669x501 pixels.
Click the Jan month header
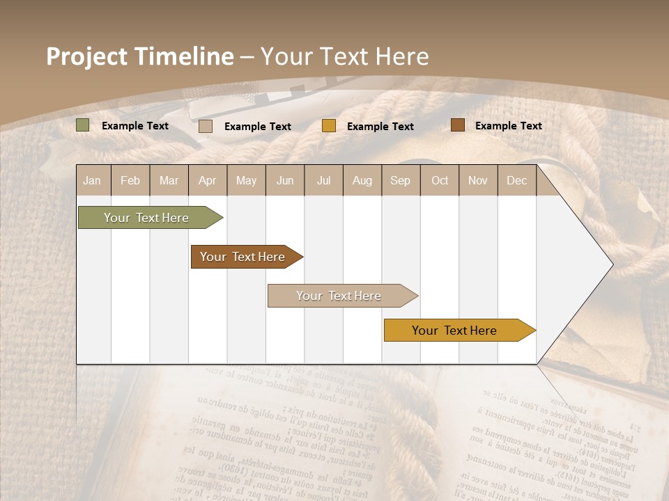click(93, 180)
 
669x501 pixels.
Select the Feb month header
click(130, 180)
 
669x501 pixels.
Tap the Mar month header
click(169, 180)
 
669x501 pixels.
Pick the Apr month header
click(208, 180)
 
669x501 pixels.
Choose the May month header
click(246, 180)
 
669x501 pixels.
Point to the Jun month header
click(285, 180)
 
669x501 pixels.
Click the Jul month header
click(323, 180)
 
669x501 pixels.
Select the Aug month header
click(362, 180)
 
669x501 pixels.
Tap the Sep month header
click(401, 180)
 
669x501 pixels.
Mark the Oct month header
click(440, 180)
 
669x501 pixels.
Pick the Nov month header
click(478, 180)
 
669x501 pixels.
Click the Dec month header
click(517, 180)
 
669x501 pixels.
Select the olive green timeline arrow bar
click(147, 218)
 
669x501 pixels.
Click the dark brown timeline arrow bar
click(243, 257)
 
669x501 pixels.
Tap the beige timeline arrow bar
click(339, 296)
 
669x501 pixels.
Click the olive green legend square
click(83, 125)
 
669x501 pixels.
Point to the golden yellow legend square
click(329, 126)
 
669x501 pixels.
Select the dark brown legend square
click(457, 125)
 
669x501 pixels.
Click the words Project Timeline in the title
click(140, 56)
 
